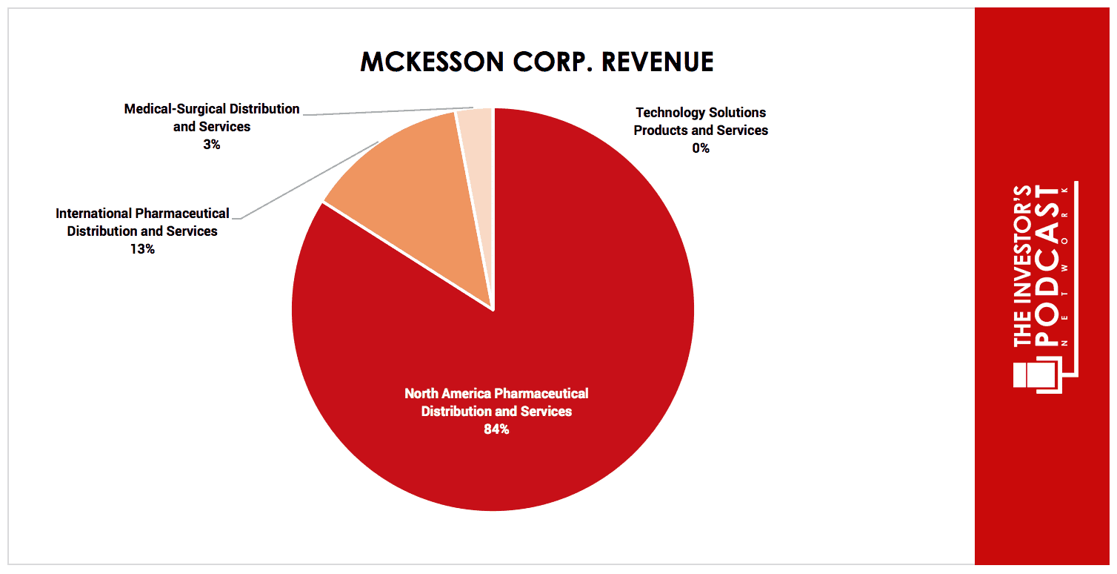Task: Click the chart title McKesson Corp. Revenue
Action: [537, 62]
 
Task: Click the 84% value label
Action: [496, 429]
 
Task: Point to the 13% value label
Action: [141, 249]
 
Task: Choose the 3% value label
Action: [212, 145]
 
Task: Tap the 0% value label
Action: [701, 148]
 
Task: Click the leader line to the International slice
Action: [311, 179]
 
